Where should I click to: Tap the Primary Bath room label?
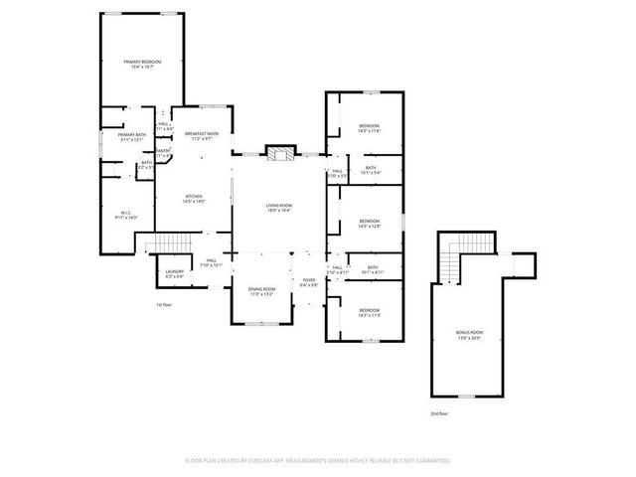132,137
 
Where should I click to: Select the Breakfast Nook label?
202,136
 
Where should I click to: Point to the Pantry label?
163,153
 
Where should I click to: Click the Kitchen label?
194,199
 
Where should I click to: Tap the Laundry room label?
175,272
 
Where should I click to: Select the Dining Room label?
261,291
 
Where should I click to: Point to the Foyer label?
309,282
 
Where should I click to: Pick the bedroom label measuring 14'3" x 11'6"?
369,128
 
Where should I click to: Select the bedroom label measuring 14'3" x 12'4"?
369,223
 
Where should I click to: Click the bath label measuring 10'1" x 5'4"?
371,170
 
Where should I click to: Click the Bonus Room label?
470,336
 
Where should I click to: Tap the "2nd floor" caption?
439,412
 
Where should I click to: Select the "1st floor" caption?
164,304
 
